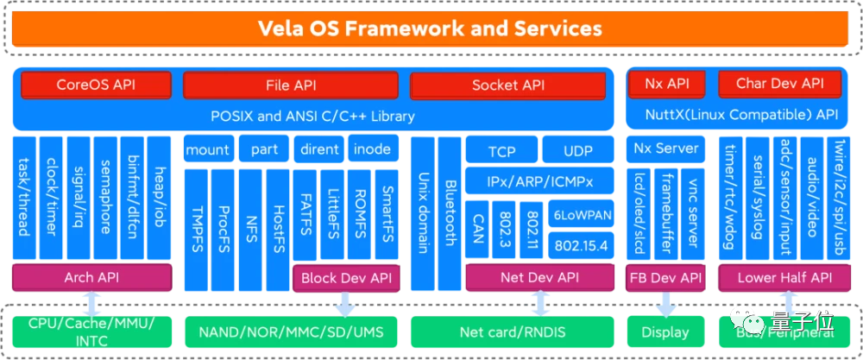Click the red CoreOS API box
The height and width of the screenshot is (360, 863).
coord(96,85)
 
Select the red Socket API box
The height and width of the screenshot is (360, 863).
coord(508,85)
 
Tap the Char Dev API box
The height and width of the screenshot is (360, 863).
coord(780,84)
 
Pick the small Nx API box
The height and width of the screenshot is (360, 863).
coord(666,84)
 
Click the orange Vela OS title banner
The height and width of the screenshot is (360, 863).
coord(431,28)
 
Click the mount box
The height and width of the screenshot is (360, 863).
coord(207,148)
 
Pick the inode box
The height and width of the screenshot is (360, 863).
coord(373,148)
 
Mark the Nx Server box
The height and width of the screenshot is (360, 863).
coord(665,148)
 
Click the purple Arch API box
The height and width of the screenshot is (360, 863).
coord(91,278)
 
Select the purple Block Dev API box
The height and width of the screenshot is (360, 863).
coord(345,278)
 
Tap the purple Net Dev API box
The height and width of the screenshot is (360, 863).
coord(539,278)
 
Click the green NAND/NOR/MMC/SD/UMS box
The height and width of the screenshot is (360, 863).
coord(290,332)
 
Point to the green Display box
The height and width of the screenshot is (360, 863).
coord(665,332)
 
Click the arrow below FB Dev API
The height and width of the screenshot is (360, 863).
coord(665,305)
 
